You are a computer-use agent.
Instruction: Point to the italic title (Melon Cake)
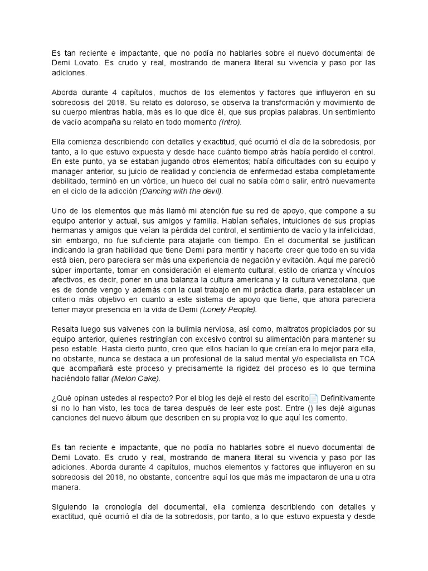(x=135, y=378)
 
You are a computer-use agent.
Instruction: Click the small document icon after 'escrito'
(x=314, y=398)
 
